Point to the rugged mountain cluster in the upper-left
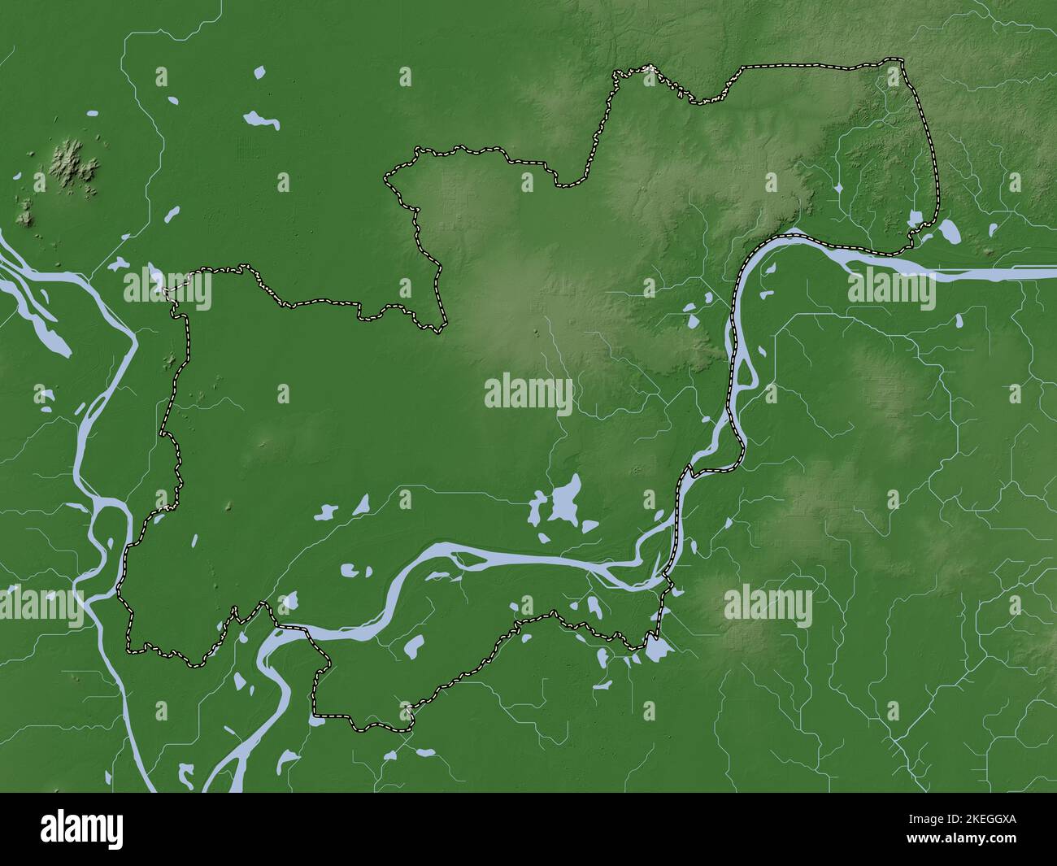tap(76, 163)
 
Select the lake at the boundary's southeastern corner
tap(657, 649)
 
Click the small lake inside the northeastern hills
tap(838, 189)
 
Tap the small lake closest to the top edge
tap(259, 73)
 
